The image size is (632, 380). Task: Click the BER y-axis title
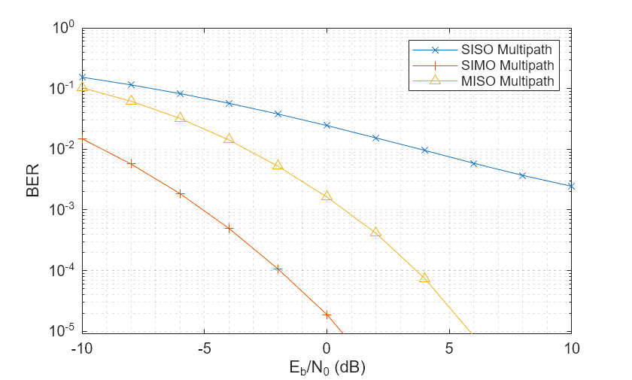(x=33, y=181)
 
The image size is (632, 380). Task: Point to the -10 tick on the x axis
(x=82, y=348)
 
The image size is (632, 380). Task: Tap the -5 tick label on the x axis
(x=204, y=348)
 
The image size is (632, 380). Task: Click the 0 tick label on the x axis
(x=327, y=348)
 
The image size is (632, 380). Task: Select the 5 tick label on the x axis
(x=449, y=348)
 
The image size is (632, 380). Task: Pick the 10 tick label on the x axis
(x=571, y=348)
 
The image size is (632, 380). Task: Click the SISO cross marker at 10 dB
(x=571, y=186)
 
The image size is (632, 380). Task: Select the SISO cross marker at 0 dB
(x=327, y=125)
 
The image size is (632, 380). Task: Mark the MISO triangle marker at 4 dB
(x=424, y=278)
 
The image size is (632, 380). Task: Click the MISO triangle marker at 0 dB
(x=327, y=196)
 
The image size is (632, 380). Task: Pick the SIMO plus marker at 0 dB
(x=327, y=315)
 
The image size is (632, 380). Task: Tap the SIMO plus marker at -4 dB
(x=229, y=228)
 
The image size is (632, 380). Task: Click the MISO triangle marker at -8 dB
(x=131, y=100)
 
